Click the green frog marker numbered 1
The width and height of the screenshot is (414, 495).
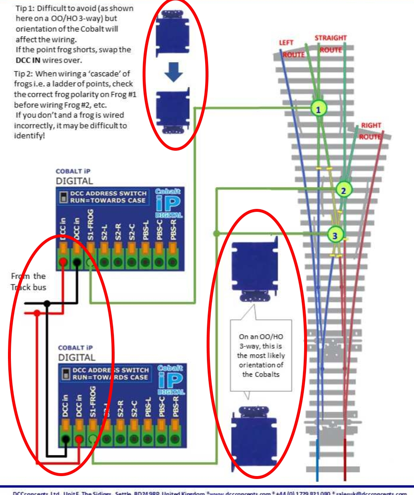coord(318,108)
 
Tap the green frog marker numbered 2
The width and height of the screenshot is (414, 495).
coord(343,190)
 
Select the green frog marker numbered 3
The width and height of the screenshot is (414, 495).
coord(335,235)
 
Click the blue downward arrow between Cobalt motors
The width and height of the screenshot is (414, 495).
coord(173,72)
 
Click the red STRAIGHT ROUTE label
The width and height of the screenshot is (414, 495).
coord(330,44)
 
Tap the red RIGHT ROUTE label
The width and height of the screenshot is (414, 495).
coord(371,131)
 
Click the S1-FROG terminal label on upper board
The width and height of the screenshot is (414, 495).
coord(90,225)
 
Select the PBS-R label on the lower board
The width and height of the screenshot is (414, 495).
coord(176,406)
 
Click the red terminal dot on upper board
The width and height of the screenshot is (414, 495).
coord(63,262)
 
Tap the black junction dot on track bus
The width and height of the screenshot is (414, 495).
coord(47,303)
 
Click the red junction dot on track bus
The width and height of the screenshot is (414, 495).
coord(37,313)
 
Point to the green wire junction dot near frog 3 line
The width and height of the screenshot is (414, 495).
coord(216,233)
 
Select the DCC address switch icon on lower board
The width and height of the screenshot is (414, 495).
coord(66,374)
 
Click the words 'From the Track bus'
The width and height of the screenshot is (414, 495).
coord(28,282)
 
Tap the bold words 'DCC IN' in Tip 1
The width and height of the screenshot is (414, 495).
coord(28,60)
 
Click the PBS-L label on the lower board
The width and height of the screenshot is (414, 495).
coord(148,407)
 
